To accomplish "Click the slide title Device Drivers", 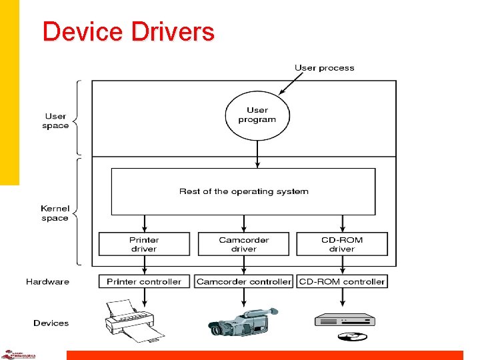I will [x=128, y=32].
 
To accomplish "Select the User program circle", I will [x=257, y=115].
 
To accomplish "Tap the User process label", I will [x=324, y=68].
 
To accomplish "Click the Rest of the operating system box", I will [x=243, y=191].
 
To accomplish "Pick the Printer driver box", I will [x=144, y=244].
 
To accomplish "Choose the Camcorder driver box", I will [x=243, y=244].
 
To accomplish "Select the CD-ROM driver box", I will [x=341, y=244].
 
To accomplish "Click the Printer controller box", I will [x=144, y=281].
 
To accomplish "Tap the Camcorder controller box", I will [x=243, y=281].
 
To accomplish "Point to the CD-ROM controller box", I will [x=342, y=281].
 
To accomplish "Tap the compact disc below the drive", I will [x=353, y=336].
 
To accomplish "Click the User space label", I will [x=56, y=121].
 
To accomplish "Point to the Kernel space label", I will [x=55, y=213].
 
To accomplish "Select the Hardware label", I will [x=47, y=281].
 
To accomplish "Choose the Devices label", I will [x=51, y=323].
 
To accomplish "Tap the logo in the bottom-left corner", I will [x=18, y=354].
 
